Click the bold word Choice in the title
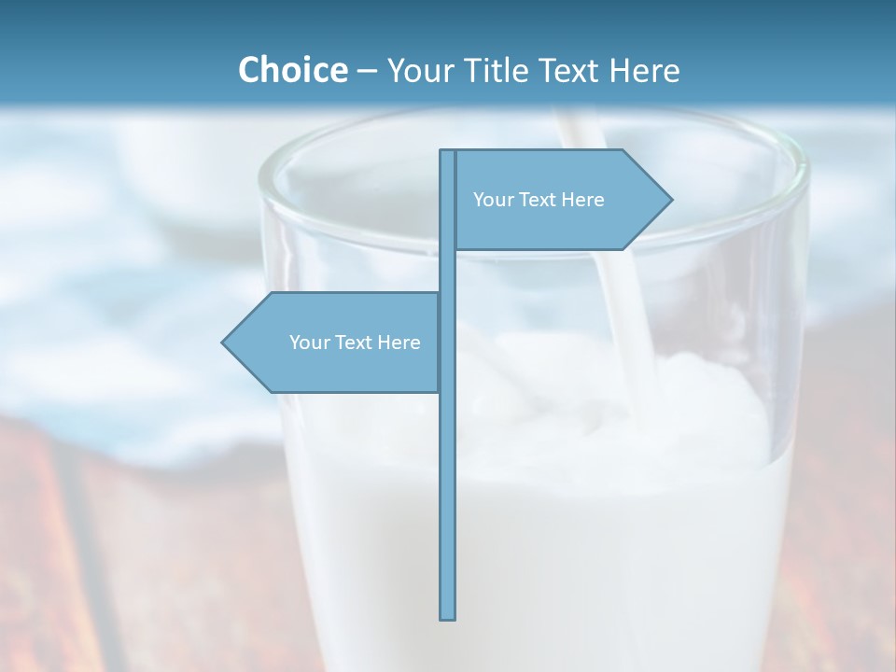coord(292,70)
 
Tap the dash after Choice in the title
coord(367,71)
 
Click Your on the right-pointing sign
coord(492,200)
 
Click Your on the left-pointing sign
coord(308,343)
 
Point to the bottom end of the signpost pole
coord(448,616)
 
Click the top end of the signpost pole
coord(448,153)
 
